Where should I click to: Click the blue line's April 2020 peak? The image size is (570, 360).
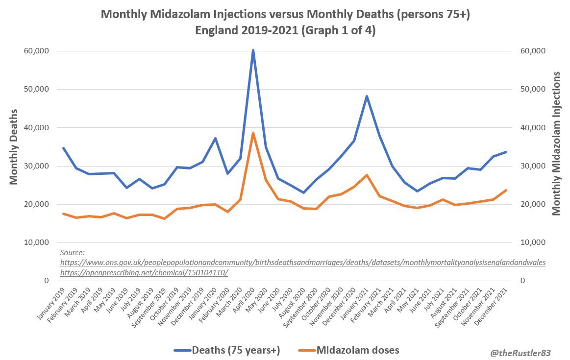(253, 50)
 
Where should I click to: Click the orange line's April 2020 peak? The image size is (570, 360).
(253, 133)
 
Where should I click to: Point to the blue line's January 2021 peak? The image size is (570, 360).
(367, 96)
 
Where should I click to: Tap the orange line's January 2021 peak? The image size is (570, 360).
(367, 175)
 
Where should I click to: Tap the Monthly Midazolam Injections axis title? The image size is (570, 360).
(556, 143)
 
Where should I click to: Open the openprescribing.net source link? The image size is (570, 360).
(144, 273)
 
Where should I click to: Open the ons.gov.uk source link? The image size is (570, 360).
(302, 263)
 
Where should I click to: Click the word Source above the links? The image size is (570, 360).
(73, 253)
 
